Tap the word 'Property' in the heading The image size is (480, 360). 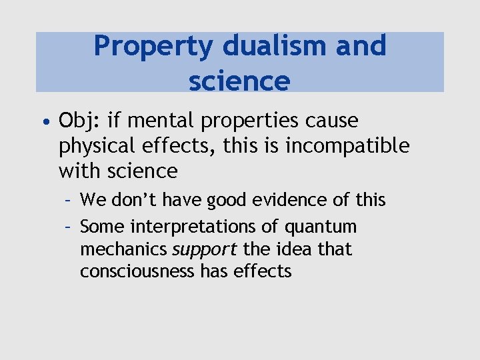[x=153, y=47]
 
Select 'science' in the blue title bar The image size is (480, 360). [x=239, y=81]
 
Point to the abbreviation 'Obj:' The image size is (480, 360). [x=79, y=121]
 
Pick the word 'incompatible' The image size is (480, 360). [x=347, y=146]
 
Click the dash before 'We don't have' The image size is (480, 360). [x=68, y=200]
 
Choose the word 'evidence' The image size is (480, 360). [x=261, y=200]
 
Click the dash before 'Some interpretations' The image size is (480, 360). [x=68, y=227]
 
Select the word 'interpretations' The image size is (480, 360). [x=193, y=227]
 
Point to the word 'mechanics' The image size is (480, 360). [x=124, y=249]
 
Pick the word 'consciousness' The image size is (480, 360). [x=137, y=271]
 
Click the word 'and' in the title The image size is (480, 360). [x=362, y=47]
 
